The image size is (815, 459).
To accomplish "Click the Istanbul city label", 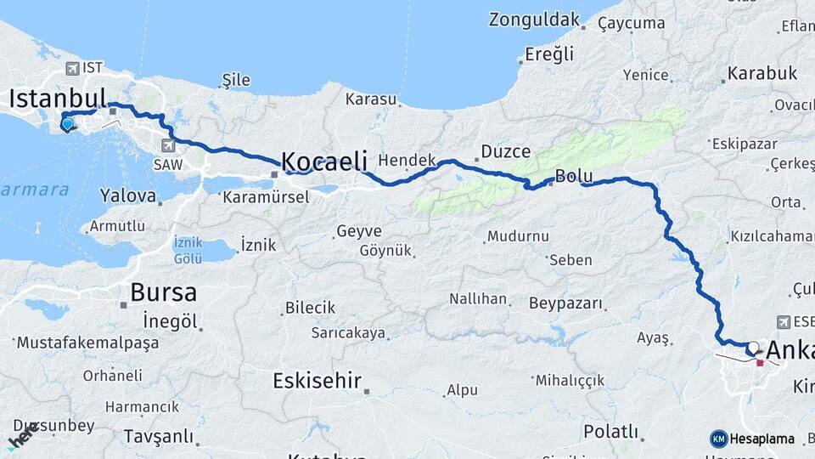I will click(x=58, y=98).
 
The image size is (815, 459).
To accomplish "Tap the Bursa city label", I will click(x=163, y=293).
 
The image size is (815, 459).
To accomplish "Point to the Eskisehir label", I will click(x=317, y=380).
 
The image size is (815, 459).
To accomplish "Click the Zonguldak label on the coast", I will click(x=534, y=20).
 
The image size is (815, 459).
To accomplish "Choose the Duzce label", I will click(x=505, y=151).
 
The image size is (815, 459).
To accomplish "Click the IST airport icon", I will click(x=71, y=67).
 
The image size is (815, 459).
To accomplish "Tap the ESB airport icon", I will click(x=783, y=322).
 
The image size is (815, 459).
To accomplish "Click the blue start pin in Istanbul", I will click(x=67, y=125).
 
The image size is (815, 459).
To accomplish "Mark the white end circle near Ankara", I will click(x=753, y=347).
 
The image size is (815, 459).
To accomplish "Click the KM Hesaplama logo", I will click(x=752, y=439).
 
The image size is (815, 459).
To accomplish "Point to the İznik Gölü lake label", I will click(x=188, y=249).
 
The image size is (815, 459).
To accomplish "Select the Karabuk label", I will click(x=762, y=73).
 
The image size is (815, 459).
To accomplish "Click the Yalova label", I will click(x=127, y=195).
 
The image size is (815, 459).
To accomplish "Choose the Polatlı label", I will click(x=610, y=432).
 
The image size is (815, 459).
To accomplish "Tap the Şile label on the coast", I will click(x=235, y=80).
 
